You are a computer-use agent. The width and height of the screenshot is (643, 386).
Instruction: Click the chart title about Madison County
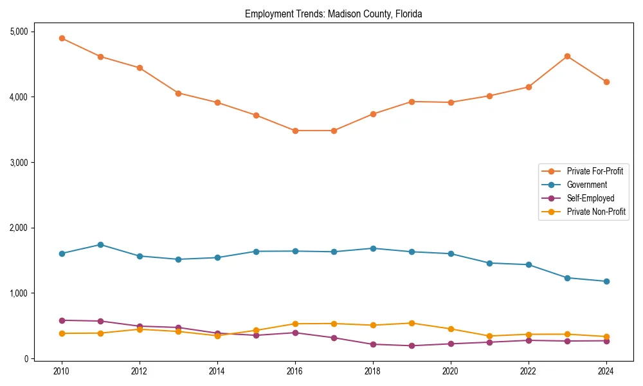333,14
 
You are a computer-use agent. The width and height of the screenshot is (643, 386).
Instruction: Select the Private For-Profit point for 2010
62,38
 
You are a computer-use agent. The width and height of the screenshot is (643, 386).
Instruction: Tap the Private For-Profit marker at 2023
567,56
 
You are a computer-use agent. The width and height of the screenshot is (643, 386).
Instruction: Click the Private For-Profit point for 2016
295,131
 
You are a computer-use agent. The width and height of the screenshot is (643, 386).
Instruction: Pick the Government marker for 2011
101,244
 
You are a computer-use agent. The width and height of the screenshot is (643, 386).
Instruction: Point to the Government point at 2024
606,281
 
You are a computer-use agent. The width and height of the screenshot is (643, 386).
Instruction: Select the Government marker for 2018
373,248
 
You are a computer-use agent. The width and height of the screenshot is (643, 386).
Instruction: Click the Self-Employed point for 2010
62,320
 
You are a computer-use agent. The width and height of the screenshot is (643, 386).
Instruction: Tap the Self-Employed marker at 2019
412,345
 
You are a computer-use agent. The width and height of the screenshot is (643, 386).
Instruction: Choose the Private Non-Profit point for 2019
412,323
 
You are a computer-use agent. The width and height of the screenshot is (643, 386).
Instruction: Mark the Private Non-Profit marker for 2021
489,336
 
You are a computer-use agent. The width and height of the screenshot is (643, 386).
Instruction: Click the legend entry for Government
586,185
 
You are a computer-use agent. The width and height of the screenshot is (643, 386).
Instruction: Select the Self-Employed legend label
590,198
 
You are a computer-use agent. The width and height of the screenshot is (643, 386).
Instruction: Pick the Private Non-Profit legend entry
596,212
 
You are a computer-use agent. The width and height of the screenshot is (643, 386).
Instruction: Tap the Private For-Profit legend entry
595,171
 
